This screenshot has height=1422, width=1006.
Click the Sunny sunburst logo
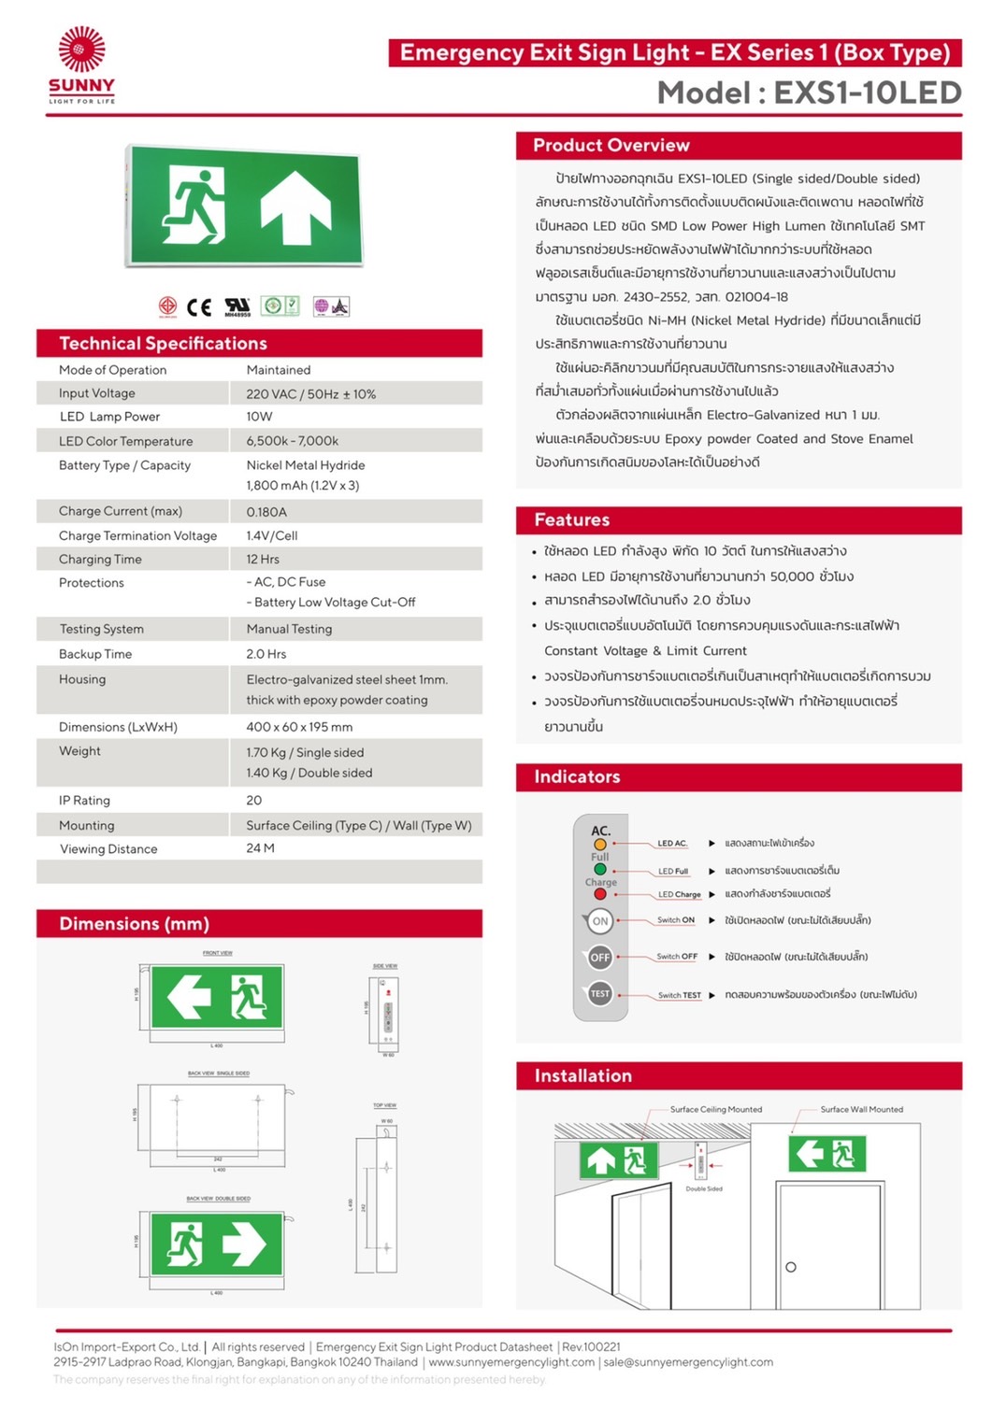tap(81, 50)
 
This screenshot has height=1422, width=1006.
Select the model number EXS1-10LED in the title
tap(867, 92)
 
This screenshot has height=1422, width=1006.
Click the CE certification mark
tap(199, 306)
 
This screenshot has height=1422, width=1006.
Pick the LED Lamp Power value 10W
tap(259, 417)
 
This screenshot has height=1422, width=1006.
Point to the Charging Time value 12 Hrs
tap(263, 560)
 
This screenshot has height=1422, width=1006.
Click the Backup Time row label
tap(95, 654)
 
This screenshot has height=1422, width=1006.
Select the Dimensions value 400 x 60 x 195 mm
tap(299, 727)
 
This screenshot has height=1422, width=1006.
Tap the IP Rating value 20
tap(254, 801)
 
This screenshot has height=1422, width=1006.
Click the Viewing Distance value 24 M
tap(260, 848)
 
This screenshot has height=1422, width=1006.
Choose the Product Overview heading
tap(611, 146)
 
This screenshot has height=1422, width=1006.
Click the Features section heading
tap(571, 520)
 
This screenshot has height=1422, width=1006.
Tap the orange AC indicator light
tap(600, 845)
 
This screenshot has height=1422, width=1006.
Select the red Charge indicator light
tap(600, 894)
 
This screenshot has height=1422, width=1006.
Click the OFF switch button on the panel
tap(599, 958)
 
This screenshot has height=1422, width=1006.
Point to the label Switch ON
tap(675, 920)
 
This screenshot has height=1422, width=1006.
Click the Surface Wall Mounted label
tap(861, 1110)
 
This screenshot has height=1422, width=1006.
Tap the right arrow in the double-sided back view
tap(244, 1244)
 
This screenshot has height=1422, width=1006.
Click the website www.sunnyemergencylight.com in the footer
tap(511, 1362)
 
